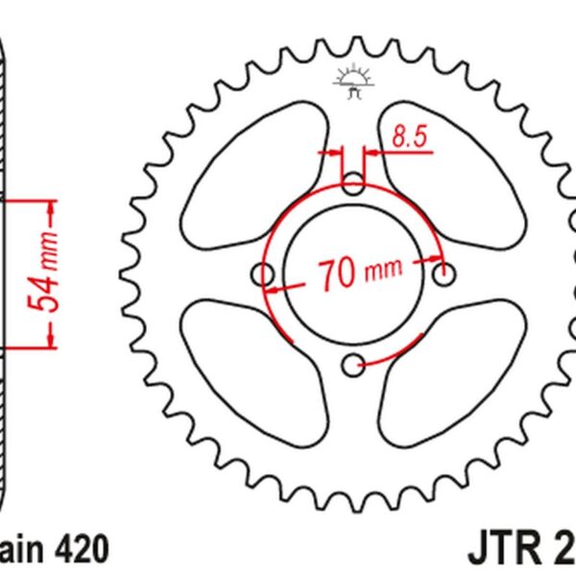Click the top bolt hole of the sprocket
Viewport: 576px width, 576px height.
354,181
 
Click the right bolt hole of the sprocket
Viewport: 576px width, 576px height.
444,276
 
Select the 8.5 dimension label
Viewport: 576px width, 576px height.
408,137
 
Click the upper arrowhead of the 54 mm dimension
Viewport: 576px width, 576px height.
51,207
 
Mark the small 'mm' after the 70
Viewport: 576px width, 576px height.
382,273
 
